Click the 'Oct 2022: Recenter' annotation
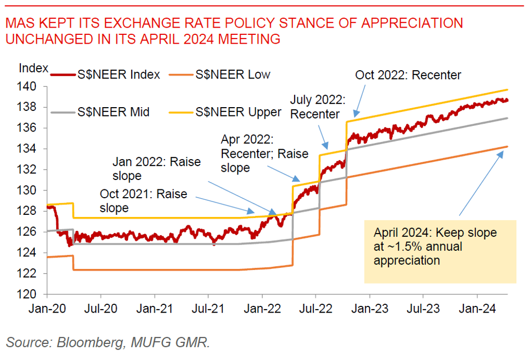tap(408, 75)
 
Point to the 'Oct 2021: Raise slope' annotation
tap(143, 201)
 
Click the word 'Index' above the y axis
tap(33, 68)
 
